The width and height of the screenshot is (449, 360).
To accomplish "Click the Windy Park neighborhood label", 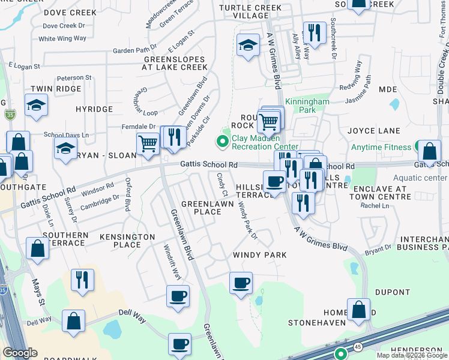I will point(259,255).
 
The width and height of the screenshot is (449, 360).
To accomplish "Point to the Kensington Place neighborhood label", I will point(120,240).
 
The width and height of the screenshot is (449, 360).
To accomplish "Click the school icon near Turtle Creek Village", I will point(247,45).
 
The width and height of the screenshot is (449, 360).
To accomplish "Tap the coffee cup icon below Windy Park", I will point(241,283).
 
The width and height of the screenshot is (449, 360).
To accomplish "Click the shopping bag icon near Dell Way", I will point(74,320).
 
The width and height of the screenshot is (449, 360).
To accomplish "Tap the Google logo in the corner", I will point(20,353).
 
